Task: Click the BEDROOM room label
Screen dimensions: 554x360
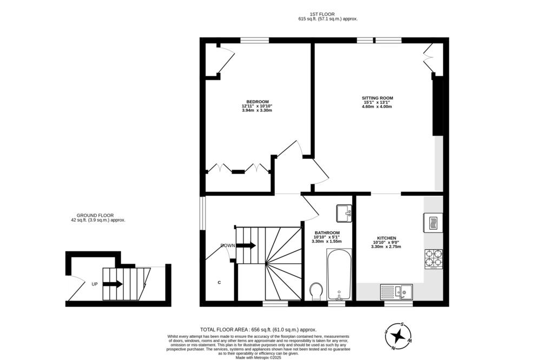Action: (257, 102)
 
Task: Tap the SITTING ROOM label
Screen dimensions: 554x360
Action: (377, 98)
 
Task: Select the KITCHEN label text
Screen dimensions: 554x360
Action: (386, 238)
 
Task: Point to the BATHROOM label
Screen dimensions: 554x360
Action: (327, 233)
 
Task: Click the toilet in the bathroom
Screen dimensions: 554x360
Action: (316, 291)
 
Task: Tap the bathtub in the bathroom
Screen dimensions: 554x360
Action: (339, 274)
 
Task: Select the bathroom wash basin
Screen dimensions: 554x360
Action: (344, 213)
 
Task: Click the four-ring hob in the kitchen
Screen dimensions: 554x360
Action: (433, 259)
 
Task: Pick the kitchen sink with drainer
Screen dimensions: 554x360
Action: (397, 291)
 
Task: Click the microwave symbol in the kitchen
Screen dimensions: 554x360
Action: (433, 223)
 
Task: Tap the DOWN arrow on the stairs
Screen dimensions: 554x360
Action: (246, 245)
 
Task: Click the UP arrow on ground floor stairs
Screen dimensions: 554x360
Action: (113, 284)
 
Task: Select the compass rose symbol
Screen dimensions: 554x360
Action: (399, 336)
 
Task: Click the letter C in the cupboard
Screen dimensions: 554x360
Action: (220, 282)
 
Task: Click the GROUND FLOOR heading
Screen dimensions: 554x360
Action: (95, 215)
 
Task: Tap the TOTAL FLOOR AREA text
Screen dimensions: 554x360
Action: (225, 330)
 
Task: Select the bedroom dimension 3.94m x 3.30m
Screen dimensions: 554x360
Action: (257, 110)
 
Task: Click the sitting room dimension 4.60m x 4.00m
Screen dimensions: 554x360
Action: (377, 106)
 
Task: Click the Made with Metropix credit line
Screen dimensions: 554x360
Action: (259, 357)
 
